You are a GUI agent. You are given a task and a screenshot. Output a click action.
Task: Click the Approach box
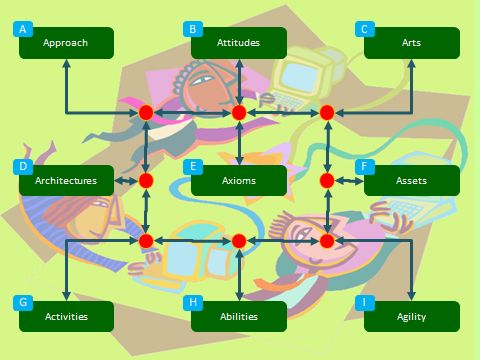pos(66,43)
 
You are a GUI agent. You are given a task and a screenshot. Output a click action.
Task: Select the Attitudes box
pos(239,43)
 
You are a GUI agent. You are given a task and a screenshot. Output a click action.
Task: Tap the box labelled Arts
pos(411,43)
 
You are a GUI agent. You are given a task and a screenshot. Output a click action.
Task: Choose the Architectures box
pos(66,181)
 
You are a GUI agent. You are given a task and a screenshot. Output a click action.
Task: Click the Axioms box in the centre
pos(239,181)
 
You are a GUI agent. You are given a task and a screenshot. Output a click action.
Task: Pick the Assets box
pos(411,181)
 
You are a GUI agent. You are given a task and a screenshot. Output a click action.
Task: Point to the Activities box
pos(66,317)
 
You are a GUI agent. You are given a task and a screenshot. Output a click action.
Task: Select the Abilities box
pos(239,317)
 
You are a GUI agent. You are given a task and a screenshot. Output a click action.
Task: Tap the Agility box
pos(411,317)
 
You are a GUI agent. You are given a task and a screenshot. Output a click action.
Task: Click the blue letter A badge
pos(23,29)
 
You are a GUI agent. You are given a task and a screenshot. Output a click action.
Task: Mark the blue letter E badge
pos(195,166)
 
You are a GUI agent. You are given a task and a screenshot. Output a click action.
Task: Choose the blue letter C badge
pos(367,29)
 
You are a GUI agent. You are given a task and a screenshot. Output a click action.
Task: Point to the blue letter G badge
pos(23,302)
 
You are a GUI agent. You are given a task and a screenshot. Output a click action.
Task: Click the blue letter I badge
pos(367,302)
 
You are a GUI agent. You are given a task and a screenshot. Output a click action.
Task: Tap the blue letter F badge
pos(367,166)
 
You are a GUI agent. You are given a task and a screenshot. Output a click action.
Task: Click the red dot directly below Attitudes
pos(239,113)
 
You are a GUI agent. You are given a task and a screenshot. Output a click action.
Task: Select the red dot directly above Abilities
pos(239,241)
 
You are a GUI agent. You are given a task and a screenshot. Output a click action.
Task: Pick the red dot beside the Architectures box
pos(146,181)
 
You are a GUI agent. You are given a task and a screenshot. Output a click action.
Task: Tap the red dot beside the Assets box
pos(326,181)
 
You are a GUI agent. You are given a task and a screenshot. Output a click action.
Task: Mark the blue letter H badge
pos(195,302)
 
